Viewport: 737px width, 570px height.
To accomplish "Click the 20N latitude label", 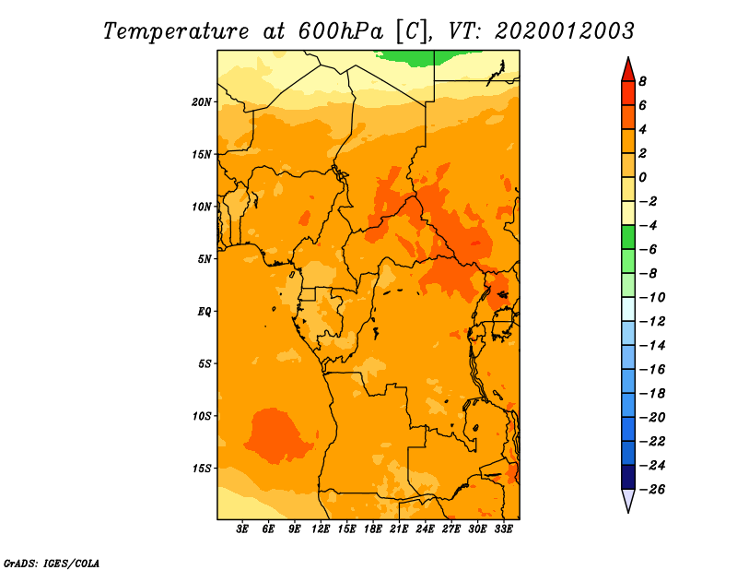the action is pyautogui.click(x=202, y=102).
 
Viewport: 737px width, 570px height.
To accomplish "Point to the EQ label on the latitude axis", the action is pyautogui.click(x=205, y=312).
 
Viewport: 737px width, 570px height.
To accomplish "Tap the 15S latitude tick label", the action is pyautogui.click(x=202, y=469).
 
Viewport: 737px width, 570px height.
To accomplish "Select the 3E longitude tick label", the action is pyautogui.click(x=242, y=528).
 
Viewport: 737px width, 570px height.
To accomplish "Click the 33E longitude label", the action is pyautogui.click(x=503, y=528).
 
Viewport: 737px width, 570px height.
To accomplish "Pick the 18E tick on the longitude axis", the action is pyautogui.click(x=373, y=528).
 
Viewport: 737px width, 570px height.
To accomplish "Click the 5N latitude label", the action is pyautogui.click(x=205, y=259).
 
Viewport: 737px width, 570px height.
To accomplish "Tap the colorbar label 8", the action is pyautogui.click(x=642, y=81).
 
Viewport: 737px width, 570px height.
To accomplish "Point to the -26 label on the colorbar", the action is pyautogui.click(x=652, y=490).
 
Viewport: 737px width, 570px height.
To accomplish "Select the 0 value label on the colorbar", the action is pyautogui.click(x=642, y=177).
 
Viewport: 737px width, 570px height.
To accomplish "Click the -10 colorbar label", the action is pyautogui.click(x=652, y=298).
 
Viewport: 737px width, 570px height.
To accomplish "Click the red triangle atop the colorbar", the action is pyautogui.click(x=628, y=71).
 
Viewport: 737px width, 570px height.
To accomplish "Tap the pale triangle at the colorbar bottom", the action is pyautogui.click(x=628, y=500).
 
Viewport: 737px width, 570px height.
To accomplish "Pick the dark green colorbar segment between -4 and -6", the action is pyautogui.click(x=628, y=237).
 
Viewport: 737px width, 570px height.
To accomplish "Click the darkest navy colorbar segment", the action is pyautogui.click(x=628, y=477).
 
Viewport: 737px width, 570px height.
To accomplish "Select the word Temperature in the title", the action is pyautogui.click(x=176, y=31).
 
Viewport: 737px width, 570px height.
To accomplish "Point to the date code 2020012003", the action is pyautogui.click(x=565, y=31).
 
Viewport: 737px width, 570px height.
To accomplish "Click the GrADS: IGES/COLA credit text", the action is pyautogui.click(x=52, y=564).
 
